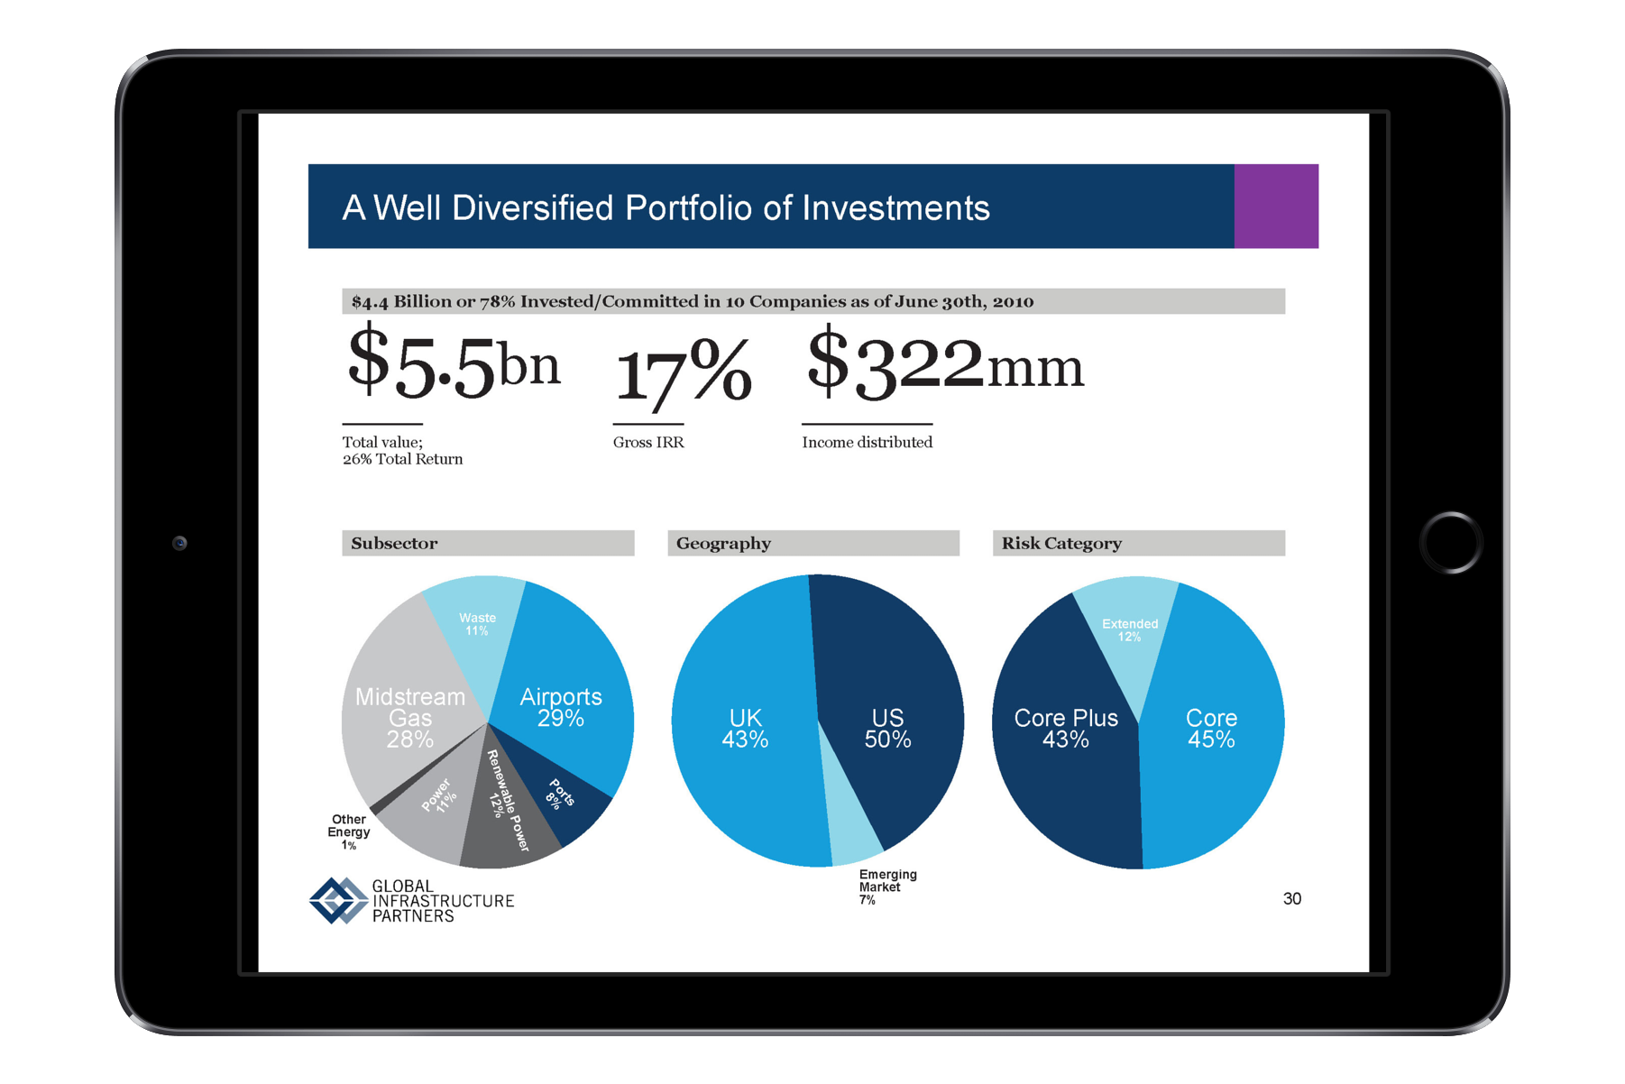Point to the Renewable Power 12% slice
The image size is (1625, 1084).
505,803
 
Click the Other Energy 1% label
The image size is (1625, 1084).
349,832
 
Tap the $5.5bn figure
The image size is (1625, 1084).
454,365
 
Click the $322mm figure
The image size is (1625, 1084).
944,365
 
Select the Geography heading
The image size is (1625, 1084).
723,543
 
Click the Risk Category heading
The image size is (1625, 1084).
1061,543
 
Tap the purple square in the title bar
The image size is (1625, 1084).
1276,207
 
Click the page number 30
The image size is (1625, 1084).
1291,898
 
